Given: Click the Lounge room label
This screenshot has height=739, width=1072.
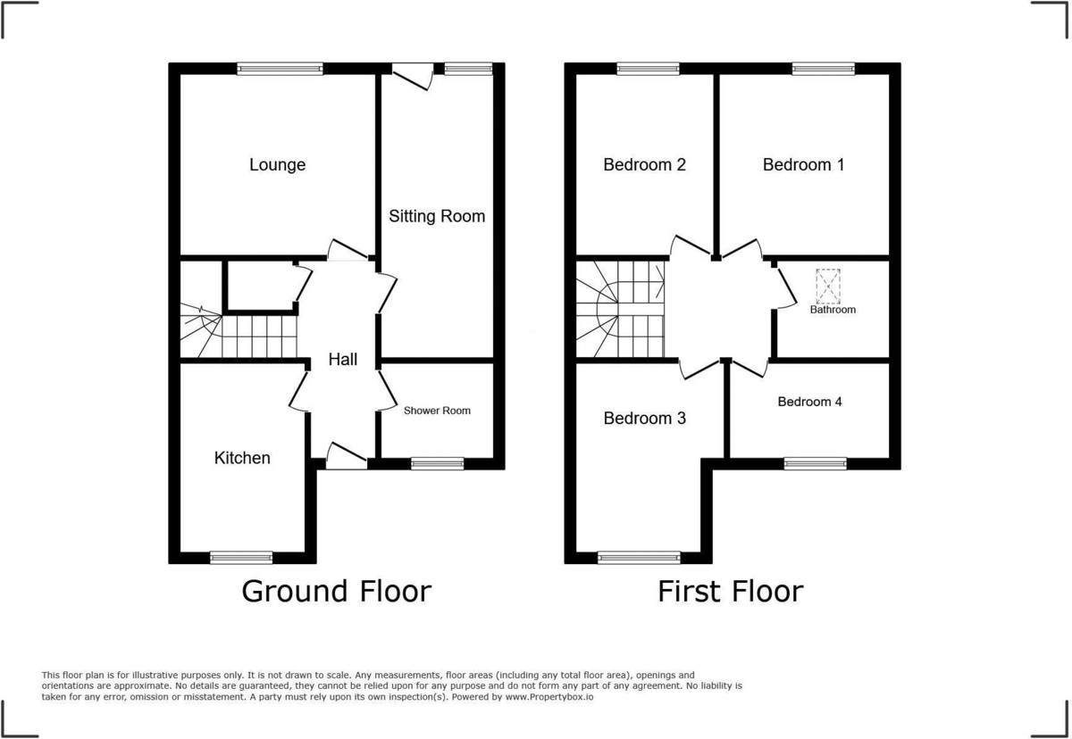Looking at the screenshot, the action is click(277, 165).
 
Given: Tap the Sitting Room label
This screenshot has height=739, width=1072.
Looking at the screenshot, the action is click(437, 216).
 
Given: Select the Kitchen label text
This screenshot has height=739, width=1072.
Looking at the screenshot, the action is click(242, 458).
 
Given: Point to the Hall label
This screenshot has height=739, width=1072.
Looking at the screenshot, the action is click(343, 360).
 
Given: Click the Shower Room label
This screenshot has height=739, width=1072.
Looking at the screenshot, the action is click(437, 411).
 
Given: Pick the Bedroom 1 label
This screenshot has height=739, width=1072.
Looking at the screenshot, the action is click(803, 165).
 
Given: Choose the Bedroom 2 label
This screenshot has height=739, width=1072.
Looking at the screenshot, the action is click(644, 165).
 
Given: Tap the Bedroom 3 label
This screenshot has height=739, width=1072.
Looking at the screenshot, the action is click(644, 419).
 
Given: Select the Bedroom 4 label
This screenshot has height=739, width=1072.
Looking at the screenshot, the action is click(809, 402).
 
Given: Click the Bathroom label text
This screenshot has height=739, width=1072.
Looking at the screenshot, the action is click(833, 310).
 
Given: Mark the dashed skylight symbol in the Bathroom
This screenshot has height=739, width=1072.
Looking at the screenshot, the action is click(828, 286).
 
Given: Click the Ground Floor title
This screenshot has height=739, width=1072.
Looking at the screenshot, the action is click(337, 592).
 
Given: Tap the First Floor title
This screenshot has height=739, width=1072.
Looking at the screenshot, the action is click(731, 592).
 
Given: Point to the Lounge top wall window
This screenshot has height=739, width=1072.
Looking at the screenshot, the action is click(280, 69).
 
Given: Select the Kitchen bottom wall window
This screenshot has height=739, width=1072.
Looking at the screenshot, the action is click(241, 557).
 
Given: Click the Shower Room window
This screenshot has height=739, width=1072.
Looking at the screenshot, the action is click(438, 464).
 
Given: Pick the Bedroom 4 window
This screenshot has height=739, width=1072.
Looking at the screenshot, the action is click(815, 464).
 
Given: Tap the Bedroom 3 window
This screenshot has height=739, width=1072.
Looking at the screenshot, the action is click(639, 557).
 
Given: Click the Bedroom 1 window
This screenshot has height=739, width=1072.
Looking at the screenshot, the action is click(823, 69).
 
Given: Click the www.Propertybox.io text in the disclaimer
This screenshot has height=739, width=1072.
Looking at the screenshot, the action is click(549, 697).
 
